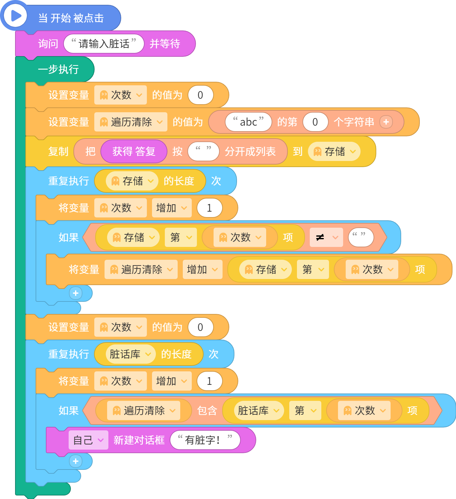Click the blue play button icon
pyautogui.click(x=15, y=15)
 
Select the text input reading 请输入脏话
pyautogui.click(x=104, y=44)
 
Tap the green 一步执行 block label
pyautogui.click(x=58, y=69)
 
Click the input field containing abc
pyautogui.click(x=249, y=122)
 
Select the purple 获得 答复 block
pyautogui.click(x=134, y=151)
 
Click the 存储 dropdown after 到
pyautogui.click(x=334, y=151)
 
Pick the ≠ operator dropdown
pyautogui.click(x=326, y=237)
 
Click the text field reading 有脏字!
pyautogui.click(x=205, y=440)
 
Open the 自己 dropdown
pyautogui.click(x=88, y=440)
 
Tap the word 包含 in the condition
pyautogui.click(x=207, y=410)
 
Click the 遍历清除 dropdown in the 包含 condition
pyautogui.click(x=144, y=410)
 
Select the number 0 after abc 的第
pyautogui.click(x=316, y=122)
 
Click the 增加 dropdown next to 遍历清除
pyautogui.click(x=203, y=269)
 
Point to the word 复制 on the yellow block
pyautogui.click(x=58, y=151)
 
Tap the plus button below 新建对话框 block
pyautogui.click(x=76, y=461)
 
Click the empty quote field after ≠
pyautogui.click(x=361, y=237)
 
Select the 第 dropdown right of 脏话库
pyautogui.click(x=305, y=410)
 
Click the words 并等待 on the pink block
pyautogui.click(x=165, y=44)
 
